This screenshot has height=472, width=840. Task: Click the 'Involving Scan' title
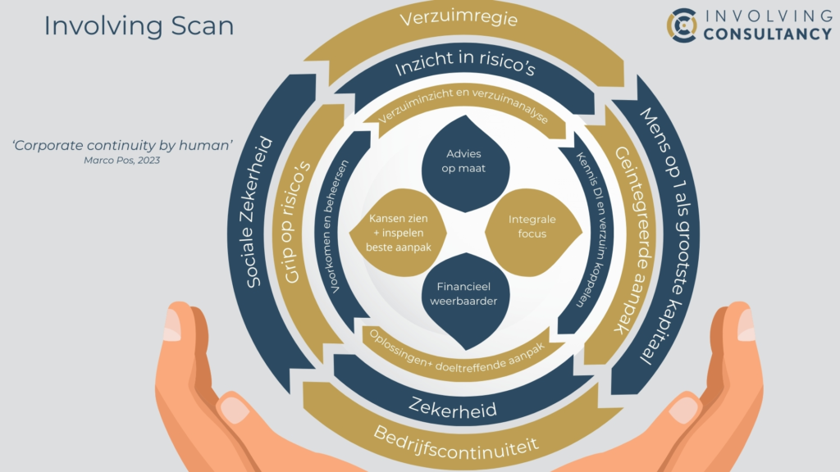[x=139, y=25]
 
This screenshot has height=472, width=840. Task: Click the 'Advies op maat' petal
[x=463, y=161]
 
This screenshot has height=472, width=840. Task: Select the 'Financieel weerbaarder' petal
[x=464, y=295]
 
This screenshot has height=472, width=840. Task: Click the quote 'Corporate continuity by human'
[x=122, y=145]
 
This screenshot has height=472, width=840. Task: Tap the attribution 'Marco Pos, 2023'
[x=122, y=161]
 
